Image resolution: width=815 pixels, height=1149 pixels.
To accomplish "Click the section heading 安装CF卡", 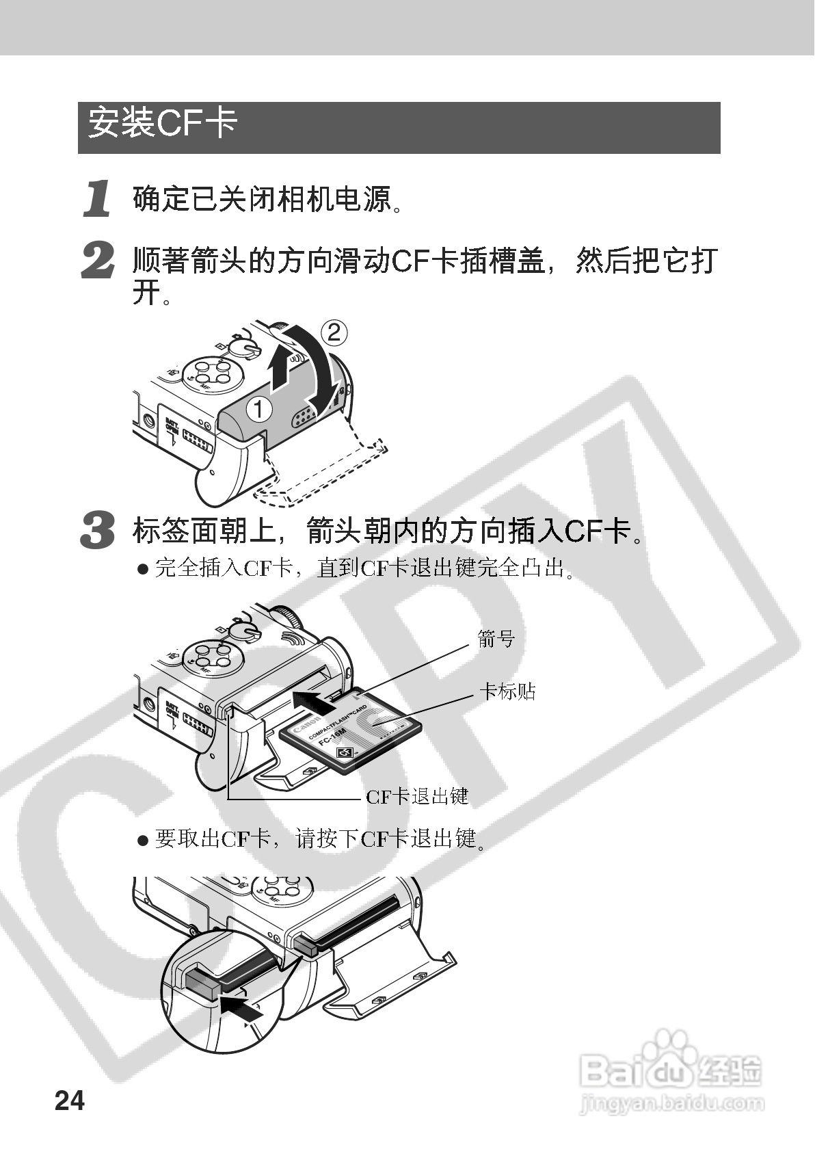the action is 163,123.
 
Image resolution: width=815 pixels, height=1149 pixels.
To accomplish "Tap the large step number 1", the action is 98,198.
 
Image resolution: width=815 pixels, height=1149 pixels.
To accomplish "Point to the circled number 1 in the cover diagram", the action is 259,409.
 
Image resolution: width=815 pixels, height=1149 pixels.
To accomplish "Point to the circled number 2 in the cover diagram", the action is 334,332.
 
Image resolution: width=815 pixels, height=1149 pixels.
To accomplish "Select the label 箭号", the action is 496,639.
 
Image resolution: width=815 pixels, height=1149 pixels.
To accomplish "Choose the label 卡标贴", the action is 507,691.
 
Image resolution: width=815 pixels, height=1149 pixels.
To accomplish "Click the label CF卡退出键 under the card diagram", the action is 417,796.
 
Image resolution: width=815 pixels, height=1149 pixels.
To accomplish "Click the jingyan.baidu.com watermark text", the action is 672,1102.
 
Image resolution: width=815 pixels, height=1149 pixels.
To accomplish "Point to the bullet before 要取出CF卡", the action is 143,840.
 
